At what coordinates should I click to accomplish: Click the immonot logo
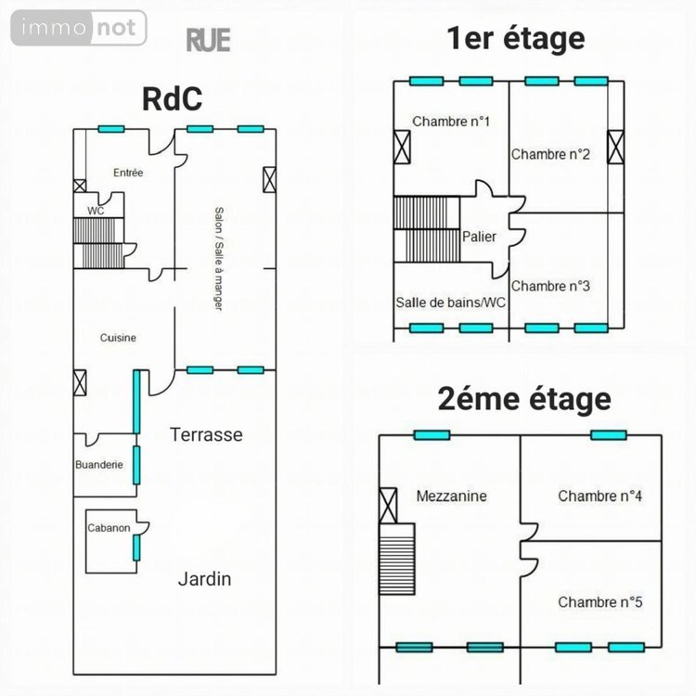[79, 28]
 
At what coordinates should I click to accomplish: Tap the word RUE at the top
[208, 40]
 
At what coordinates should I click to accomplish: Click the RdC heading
[172, 98]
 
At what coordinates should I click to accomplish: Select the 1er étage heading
[515, 39]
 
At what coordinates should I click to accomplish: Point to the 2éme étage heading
[524, 399]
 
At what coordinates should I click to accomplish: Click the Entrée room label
[128, 173]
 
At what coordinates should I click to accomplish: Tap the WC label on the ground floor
[97, 211]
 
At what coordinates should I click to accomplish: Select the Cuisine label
[118, 338]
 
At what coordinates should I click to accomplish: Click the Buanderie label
[99, 464]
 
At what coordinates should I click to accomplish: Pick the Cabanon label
[109, 527]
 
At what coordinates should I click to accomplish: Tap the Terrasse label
[206, 434]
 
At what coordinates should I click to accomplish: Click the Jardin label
[204, 579]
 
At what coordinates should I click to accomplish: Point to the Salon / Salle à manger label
[218, 258]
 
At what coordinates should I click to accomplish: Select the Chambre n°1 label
[451, 122]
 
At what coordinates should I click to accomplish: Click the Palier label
[479, 237]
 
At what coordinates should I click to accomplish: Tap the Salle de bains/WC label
[451, 303]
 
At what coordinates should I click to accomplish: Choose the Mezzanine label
[451, 496]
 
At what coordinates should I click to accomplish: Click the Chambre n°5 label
[600, 602]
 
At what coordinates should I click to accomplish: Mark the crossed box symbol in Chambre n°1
[403, 147]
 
